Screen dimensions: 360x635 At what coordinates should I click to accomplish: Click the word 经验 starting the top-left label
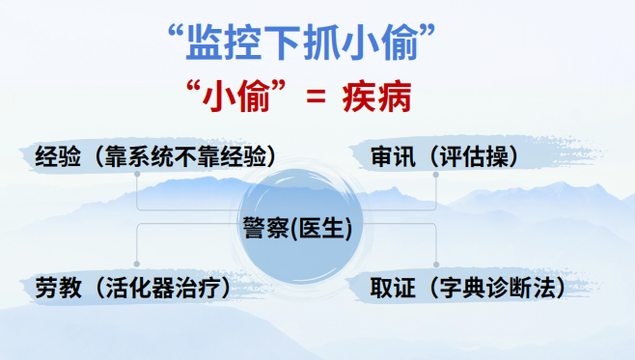(53, 156)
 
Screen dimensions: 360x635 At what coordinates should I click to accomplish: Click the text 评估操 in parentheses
(476, 156)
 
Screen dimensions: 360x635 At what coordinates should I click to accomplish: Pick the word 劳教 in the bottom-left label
(53, 287)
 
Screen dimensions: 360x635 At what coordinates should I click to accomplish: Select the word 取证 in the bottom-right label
(390, 287)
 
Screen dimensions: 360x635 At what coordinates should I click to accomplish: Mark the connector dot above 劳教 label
(137, 263)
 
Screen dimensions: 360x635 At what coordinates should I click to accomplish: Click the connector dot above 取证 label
(436, 263)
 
